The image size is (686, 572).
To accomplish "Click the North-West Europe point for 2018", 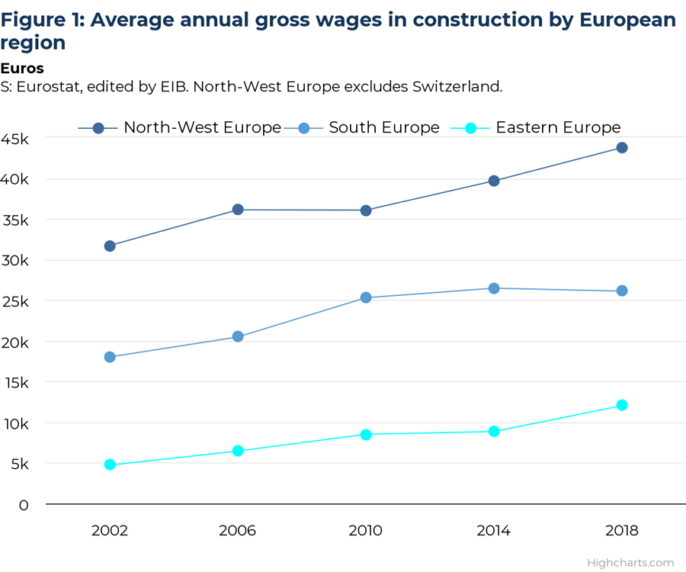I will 622,147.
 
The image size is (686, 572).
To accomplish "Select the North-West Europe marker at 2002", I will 110,246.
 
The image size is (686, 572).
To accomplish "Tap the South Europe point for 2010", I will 366,297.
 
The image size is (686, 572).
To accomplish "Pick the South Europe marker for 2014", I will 494,288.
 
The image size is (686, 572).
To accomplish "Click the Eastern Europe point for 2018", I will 622,405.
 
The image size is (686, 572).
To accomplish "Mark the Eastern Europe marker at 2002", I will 110,464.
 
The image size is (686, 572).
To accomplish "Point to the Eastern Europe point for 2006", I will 238,451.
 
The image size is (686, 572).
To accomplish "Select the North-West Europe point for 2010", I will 366,210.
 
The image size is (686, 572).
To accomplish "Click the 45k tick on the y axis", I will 16,139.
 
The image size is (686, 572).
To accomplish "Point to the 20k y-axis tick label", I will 16,342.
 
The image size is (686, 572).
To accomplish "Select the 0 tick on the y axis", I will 23,505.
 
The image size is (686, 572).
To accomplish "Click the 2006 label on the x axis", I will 238,530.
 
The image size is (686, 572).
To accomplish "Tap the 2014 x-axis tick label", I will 494,530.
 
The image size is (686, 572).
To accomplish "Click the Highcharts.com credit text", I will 630,563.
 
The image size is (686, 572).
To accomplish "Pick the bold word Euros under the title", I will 22,69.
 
